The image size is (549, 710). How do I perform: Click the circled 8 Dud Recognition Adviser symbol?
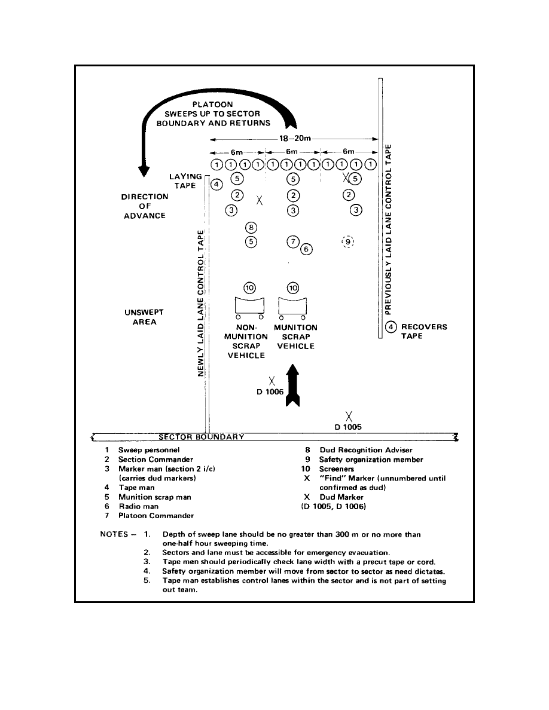(x=251, y=227)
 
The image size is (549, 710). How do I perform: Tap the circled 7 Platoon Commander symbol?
(x=293, y=242)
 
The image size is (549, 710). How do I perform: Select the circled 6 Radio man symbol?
(x=306, y=249)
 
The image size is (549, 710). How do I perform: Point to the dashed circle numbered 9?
(x=348, y=242)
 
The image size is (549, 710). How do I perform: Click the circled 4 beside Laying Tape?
(x=216, y=184)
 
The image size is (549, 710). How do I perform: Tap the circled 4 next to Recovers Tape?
(x=391, y=326)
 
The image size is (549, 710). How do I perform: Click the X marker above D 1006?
(x=272, y=381)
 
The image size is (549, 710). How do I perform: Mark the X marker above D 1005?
(x=349, y=416)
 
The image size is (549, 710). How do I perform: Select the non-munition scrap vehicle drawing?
(x=249, y=307)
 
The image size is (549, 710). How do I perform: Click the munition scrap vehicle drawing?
(x=292, y=307)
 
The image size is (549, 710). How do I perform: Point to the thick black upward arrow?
(x=293, y=385)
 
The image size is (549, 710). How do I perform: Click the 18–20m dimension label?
(x=295, y=139)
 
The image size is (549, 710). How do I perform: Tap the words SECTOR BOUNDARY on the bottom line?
(x=201, y=437)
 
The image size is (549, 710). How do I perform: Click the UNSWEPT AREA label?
(x=144, y=317)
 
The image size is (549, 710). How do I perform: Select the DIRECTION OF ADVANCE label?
(x=145, y=206)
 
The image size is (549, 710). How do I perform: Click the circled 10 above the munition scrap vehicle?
(x=293, y=288)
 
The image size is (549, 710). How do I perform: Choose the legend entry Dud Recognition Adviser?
(x=366, y=450)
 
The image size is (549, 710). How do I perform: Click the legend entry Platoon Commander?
(x=156, y=516)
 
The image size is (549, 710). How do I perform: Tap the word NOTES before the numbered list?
(x=114, y=534)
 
